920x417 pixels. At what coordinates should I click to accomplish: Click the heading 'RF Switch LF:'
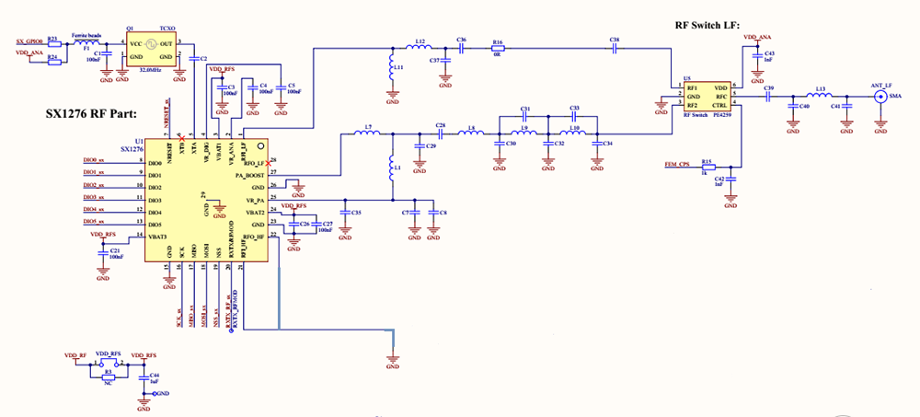[709, 26]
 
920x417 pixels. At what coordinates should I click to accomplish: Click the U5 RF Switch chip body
[706, 96]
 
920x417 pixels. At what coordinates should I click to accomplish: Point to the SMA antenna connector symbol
[882, 96]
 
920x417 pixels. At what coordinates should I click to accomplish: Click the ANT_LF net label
[881, 85]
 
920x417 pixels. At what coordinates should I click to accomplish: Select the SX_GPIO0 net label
[29, 42]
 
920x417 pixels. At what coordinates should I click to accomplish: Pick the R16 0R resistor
[498, 49]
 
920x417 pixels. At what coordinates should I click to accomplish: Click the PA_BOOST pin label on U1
[250, 174]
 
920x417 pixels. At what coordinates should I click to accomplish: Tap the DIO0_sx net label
[95, 162]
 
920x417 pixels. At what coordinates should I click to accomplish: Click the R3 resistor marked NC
[109, 374]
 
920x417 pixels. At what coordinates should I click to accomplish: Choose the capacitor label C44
[155, 376]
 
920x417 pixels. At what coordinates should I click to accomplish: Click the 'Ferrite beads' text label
[87, 35]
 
